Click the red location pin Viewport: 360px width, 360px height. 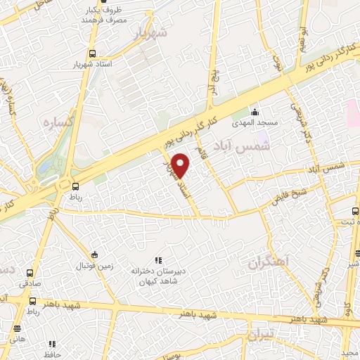(x=181, y=165)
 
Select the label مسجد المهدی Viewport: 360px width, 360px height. (x=257, y=123)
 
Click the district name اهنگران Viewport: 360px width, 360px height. (x=268, y=263)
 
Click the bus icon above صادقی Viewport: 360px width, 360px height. (x=30, y=272)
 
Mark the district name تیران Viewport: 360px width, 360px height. (x=268, y=332)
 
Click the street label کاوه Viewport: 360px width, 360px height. (x=347, y=308)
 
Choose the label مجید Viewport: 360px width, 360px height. (x=349, y=352)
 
